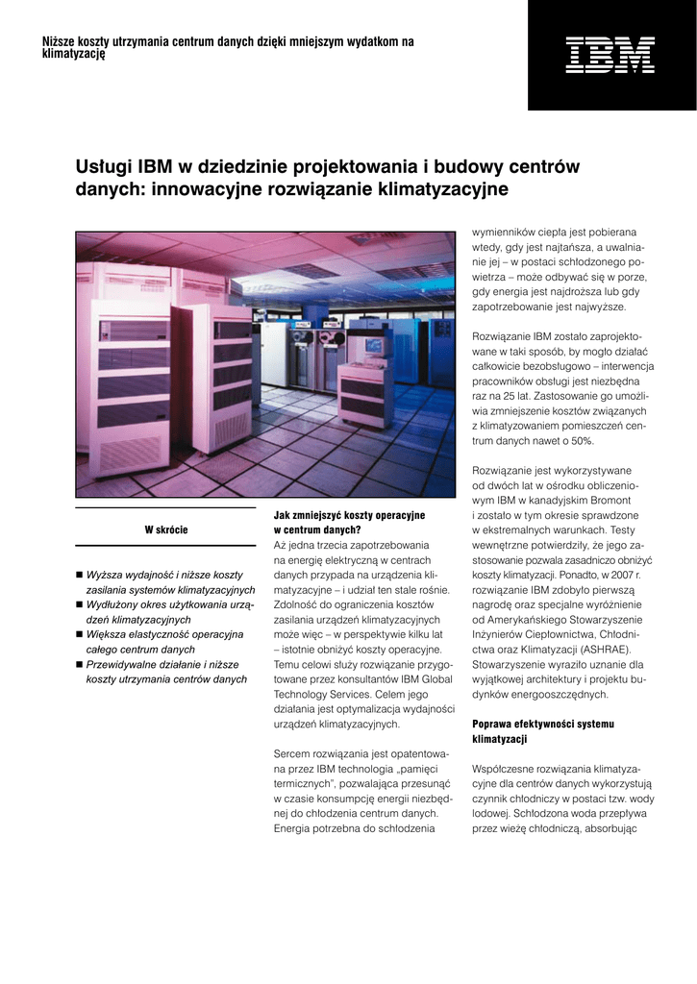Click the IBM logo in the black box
click(611, 55)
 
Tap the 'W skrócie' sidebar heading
click(166, 529)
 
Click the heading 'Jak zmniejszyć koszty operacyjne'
click(349, 515)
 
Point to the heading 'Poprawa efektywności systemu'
click(542, 723)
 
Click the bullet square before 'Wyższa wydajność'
click(79, 575)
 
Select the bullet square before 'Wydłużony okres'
click(79, 604)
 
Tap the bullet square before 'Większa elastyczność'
click(79, 634)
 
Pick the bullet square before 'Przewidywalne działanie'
click(79, 664)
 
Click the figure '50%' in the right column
click(582, 440)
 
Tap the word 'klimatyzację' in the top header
click(74, 54)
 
